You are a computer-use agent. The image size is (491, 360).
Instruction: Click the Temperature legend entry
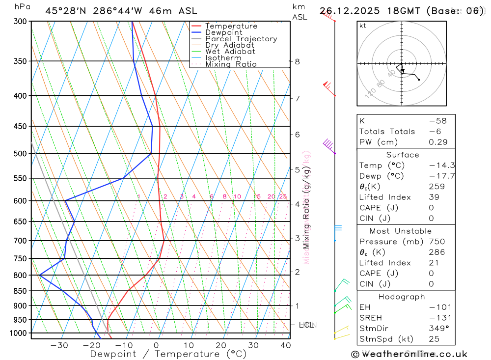click(x=231, y=26)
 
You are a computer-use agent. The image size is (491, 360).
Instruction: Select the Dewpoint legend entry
click(x=223, y=32)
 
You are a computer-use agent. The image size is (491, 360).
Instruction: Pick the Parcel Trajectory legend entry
click(x=241, y=39)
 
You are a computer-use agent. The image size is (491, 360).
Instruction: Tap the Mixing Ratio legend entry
click(x=231, y=64)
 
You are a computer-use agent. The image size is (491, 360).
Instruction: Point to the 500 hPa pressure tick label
click(x=20, y=154)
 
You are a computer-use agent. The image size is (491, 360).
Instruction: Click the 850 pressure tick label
click(x=20, y=291)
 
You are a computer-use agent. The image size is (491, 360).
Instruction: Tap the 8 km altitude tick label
click(x=297, y=61)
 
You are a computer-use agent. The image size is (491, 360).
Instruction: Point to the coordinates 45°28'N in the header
click(x=66, y=11)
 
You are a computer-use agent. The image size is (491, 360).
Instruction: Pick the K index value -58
click(x=435, y=121)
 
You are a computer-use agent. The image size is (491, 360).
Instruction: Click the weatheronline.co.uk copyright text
click(x=409, y=354)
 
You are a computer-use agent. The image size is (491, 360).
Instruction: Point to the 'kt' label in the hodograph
click(x=363, y=26)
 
